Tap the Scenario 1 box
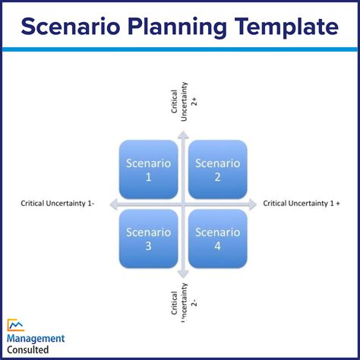(148, 169)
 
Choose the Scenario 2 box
(218, 169)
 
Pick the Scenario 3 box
(148, 238)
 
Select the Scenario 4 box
(218, 238)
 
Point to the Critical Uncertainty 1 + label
(302, 204)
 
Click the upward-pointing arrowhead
(183, 134)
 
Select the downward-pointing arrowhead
(183, 273)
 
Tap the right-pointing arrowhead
(252, 204)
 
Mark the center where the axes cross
(183, 204)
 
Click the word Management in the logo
(36, 339)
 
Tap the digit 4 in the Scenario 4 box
(218, 246)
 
